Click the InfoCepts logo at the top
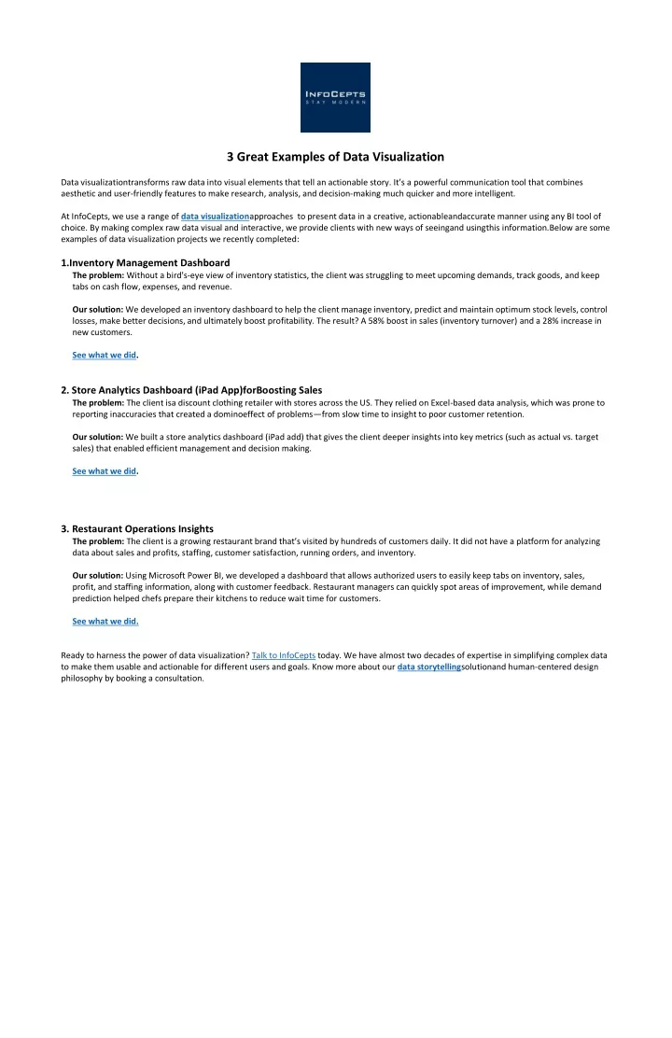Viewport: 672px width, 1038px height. pos(335,97)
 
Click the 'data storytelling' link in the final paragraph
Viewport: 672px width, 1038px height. pos(429,667)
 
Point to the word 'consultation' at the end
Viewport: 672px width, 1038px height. pos(178,679)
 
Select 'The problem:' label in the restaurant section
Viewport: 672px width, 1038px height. pos(98,541)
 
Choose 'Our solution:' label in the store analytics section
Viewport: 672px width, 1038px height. pos(98,436)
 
